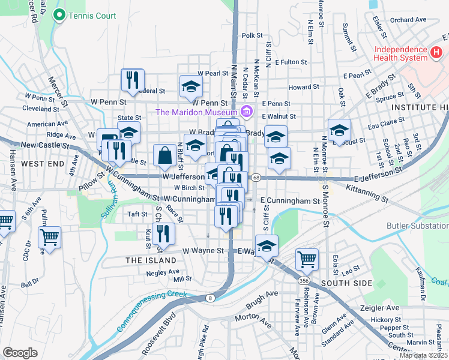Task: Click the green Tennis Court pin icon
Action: point(59,16)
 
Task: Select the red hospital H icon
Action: point(437,53)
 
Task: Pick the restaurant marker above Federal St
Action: point(133,79)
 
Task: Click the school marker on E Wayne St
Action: point(267,245)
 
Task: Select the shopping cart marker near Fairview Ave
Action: point(307,259)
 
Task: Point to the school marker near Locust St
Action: point(339,130)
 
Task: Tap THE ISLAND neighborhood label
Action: point(151,260)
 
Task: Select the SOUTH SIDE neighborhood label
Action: point(344,283)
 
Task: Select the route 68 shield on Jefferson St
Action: point(256,178)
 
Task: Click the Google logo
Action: point(20,353)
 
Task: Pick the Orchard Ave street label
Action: point(408,20)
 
